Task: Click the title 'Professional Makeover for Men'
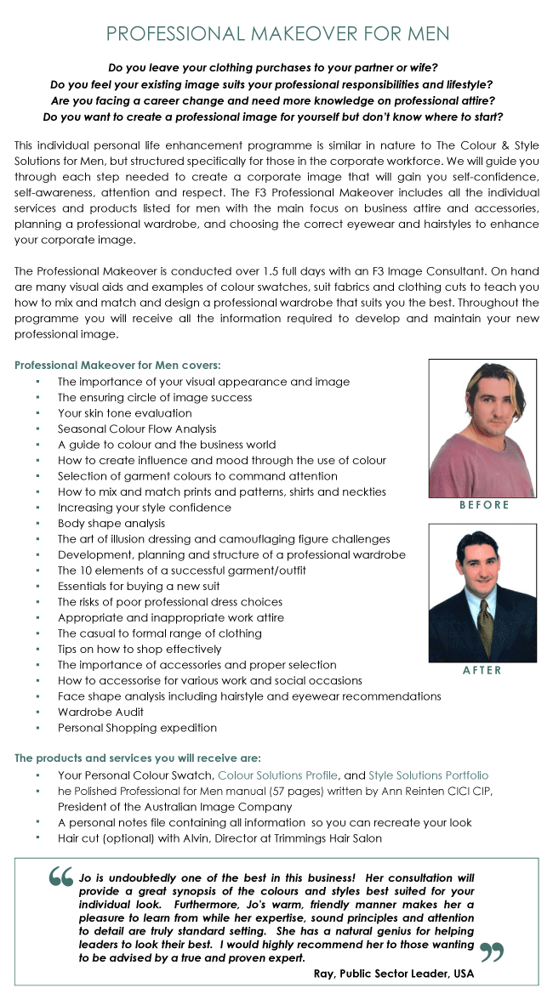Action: (x=277, y=34)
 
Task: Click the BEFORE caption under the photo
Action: (x=484, y=505)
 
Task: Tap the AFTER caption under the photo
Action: (x=482, y=671)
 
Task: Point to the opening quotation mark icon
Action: (x=61, y=877)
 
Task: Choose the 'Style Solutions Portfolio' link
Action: (x=428, y=775)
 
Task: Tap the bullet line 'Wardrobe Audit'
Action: (x=100, y=712)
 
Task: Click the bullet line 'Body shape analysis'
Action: (x=111, y=523)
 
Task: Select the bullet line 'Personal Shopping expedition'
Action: (x=137, y=728)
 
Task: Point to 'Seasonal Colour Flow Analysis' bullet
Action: (x=137, y=429)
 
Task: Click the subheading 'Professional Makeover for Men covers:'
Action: (x=117, y=365)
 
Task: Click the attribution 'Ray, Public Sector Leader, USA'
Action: (x=394, y=974)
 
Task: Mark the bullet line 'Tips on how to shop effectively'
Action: (x=140, y=649)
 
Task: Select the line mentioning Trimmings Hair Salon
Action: (x=219, y=838)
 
